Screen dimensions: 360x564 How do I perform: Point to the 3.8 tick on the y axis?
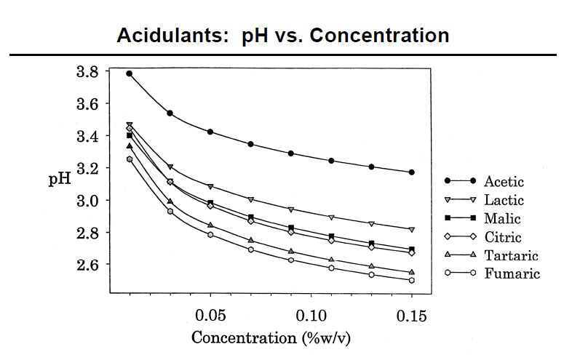(91, 72)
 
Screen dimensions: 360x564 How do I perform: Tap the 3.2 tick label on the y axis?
(91, 168)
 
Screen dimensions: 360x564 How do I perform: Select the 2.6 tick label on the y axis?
(91, 264)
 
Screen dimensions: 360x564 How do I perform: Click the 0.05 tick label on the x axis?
(210, 318)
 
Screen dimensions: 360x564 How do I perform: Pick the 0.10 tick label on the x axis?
(311, 318)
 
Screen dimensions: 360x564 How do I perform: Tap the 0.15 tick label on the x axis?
(411, 318)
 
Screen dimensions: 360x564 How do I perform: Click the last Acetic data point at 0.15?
(412, 172)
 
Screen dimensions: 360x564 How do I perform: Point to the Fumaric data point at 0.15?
(412, 280)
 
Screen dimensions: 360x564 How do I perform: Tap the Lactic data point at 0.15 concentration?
(412, 229)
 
